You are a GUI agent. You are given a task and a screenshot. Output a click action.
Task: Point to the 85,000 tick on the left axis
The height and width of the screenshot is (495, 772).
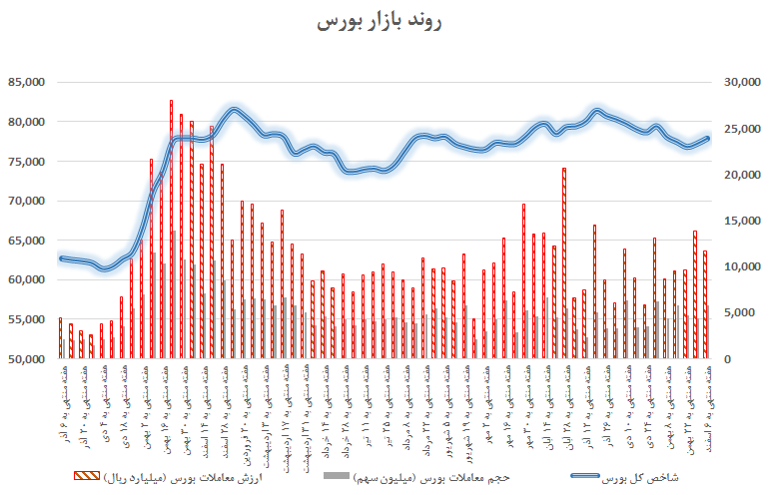[28, 83]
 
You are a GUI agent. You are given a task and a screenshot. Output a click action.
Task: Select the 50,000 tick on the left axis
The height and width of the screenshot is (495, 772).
[28, 359]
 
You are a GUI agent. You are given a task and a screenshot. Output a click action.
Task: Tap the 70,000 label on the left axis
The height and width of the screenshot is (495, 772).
[28, 201]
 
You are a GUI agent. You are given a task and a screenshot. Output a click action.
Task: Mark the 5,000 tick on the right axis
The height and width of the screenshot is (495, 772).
[735, 313]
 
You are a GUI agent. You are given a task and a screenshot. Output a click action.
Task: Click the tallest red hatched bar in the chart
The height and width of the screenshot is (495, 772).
[171, 230]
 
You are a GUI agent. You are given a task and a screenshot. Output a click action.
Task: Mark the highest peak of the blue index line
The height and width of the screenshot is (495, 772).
[234, 110]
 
